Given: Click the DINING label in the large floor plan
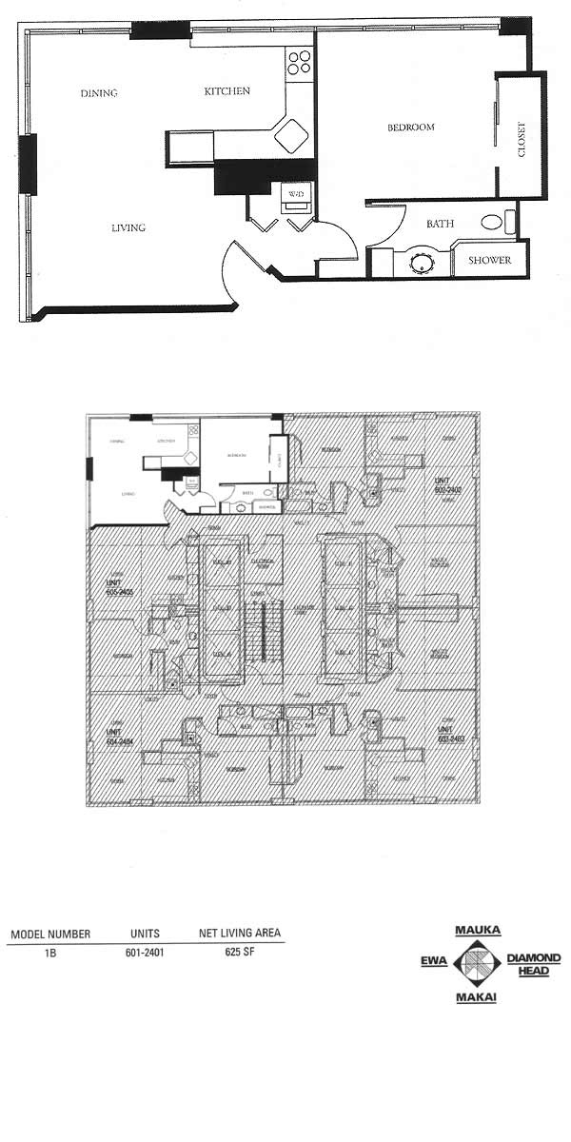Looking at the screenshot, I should [98, 93].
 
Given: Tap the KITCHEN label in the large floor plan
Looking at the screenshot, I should [227, 91].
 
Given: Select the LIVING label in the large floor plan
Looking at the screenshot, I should [128, 227].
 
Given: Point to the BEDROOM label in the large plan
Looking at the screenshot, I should [410, 128].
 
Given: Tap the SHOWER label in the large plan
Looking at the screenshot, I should [489, 260].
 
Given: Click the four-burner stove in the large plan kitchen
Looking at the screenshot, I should [300, 61].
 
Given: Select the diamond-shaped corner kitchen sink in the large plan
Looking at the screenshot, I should [290, 135].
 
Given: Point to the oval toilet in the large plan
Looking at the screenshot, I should [492, 224].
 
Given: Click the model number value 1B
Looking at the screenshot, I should [49, 951].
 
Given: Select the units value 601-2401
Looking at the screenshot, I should [145, 951].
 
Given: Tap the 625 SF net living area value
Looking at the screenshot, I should [239, 951].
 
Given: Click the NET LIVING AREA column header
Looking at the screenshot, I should [239, 934].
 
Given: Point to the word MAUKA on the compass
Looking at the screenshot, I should [478, 930].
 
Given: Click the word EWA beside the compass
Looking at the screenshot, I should [434, 962].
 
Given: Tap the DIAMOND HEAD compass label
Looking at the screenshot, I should [533, 964].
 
